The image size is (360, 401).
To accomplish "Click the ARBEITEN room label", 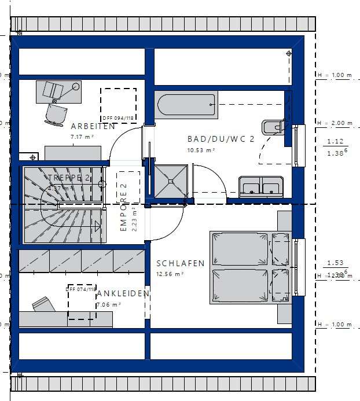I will coord(93,126).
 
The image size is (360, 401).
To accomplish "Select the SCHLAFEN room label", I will coord(181,263).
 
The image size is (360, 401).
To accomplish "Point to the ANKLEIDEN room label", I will coord(123,294).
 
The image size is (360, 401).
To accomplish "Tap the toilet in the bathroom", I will coord(272,127).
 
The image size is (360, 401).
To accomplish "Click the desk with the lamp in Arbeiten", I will coord(58,91).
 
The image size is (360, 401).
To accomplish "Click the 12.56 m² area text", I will coord(170,274).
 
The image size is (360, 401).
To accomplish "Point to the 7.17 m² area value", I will coord(82,137).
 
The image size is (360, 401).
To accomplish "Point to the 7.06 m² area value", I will coord(108,304).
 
